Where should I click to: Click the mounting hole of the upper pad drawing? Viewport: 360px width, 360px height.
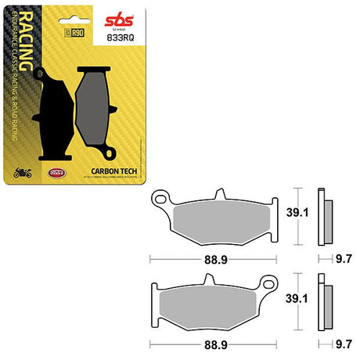[160, 196]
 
